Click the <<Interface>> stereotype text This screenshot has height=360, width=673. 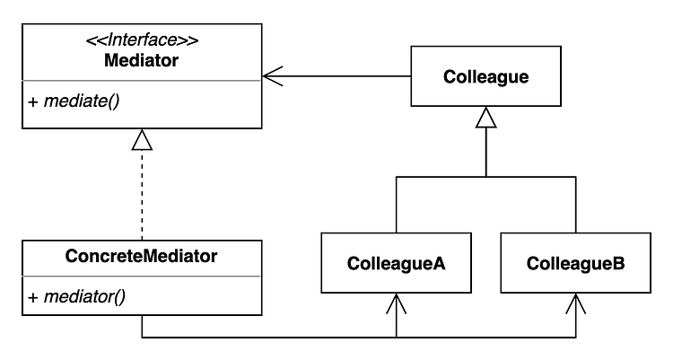(x=142, y=40)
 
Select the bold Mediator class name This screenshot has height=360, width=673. (x=141, y=60)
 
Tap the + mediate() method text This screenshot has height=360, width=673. (x=74, y=101)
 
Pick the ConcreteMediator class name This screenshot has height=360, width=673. (x=141, y=256)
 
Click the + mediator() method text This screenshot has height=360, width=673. (x=76, y=297)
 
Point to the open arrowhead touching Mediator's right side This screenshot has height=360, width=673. (x=272, y=76)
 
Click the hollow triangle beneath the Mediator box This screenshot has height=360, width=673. (x=142, y=140)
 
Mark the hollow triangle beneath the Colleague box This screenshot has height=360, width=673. (x=485, y=118)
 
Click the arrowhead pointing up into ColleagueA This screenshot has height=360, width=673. (x=396, y=303)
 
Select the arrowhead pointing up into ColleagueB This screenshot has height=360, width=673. (x=575, y=303)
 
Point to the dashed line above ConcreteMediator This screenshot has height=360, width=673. (x=142, y=195)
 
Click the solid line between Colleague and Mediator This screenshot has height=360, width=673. (x=336, y=76)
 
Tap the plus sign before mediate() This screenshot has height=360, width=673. (x=33, y=102)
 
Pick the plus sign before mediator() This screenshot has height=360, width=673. (x=33, y=298)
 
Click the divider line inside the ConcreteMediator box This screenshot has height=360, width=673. (x=142, y=277)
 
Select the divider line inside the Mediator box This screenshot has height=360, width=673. (x=142, y=80)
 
